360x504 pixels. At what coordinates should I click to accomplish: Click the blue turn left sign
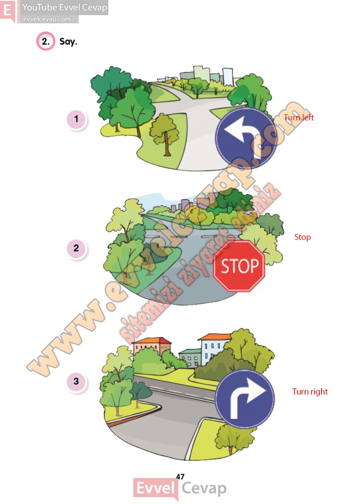(245, 139)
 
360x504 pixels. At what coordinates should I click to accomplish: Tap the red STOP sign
(239, 266)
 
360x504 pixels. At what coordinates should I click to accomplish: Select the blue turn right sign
(244, 399)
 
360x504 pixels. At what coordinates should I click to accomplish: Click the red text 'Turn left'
(298, 117)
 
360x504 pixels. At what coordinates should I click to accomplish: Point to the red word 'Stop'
(303, 237)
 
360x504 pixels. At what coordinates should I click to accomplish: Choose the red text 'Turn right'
(310, 391)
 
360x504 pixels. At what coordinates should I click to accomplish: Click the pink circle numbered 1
(77, 119)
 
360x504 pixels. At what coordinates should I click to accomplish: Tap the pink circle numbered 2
(77, 249)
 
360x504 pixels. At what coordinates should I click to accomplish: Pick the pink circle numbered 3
(77, 381)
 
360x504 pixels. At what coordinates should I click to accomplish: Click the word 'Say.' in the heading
(68, 42)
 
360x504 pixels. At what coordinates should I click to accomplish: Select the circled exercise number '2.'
(45, 41)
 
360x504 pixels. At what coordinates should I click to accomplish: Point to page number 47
(180, 476)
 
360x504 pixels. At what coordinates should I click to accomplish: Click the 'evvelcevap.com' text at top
(47, 19)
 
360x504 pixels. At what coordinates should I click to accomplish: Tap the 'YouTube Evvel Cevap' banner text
(65, 7)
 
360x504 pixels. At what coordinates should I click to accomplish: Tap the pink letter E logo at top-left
(7, 10)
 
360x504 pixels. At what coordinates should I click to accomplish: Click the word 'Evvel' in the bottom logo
(155, 488)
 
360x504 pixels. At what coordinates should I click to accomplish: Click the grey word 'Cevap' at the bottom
(204, 488)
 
